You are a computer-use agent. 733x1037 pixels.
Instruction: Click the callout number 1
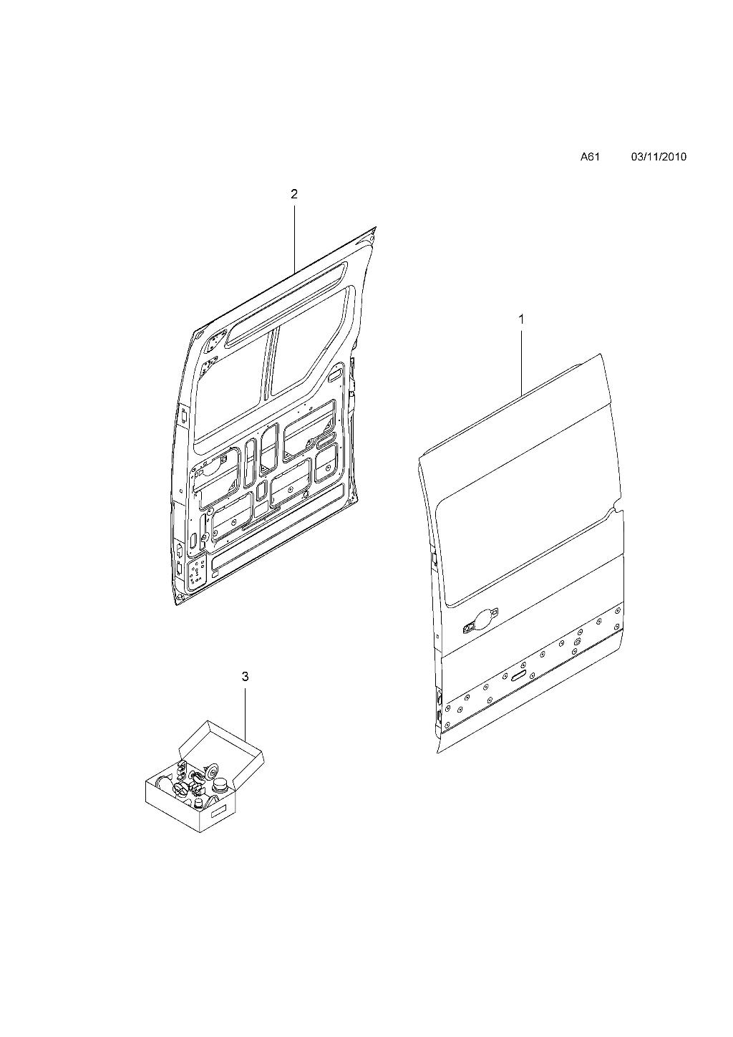coord(521,319)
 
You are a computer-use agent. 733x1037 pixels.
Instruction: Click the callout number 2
coord(294,194)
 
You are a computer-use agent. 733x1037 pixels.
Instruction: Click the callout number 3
coord(246,677)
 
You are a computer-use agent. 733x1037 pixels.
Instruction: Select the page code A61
coord(590,157)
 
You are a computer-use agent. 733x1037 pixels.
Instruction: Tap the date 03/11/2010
coord(659,157)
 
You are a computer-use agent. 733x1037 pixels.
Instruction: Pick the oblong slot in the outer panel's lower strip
coord(518,676)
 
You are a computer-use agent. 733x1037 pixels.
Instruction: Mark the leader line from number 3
coord(246,713)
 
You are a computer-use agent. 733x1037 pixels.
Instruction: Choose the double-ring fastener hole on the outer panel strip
coord(576,642)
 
